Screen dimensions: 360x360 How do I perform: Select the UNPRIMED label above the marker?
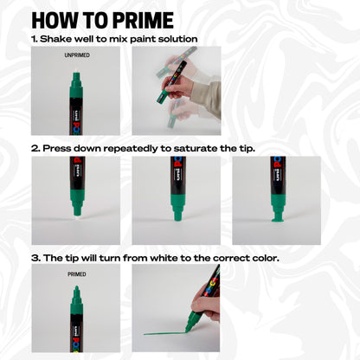pos(76,55)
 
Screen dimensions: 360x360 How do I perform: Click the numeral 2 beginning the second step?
pos(35,149)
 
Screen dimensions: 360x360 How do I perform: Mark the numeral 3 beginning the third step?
pos(35,258)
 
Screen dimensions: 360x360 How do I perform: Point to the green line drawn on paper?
pos(164,333)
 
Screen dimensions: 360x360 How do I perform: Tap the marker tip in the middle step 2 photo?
pos(177,212)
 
